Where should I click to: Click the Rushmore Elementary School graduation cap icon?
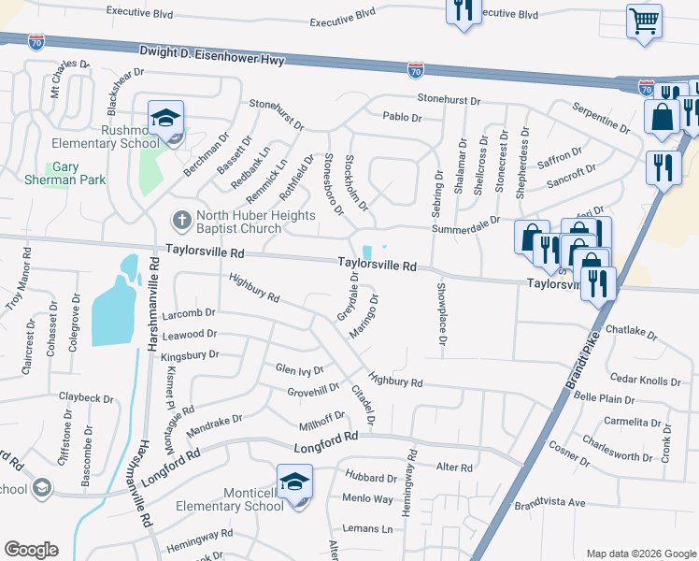point(166,119)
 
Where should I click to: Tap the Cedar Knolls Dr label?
point(646,381)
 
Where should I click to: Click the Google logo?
point(31,550)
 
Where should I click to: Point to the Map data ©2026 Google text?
point(640,554)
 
